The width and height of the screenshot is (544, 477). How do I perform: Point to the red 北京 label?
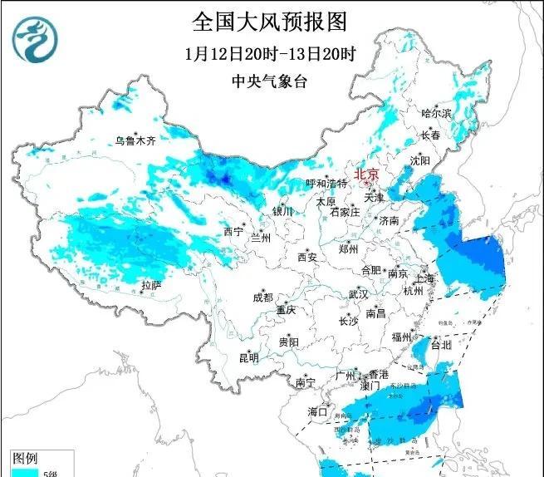point(366,175)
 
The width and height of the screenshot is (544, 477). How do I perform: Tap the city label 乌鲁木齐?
point(135,141)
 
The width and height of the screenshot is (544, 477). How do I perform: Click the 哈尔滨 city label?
point(436,112)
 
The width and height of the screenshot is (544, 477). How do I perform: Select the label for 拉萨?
point(150,285)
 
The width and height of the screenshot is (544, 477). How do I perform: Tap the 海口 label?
point(319,411)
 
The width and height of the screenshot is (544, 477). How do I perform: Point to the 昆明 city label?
point(248,358)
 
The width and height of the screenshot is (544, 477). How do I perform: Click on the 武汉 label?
point(358,294)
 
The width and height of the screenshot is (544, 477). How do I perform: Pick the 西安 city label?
point(307,258)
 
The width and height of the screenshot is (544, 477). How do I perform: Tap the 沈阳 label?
point(420,160)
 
